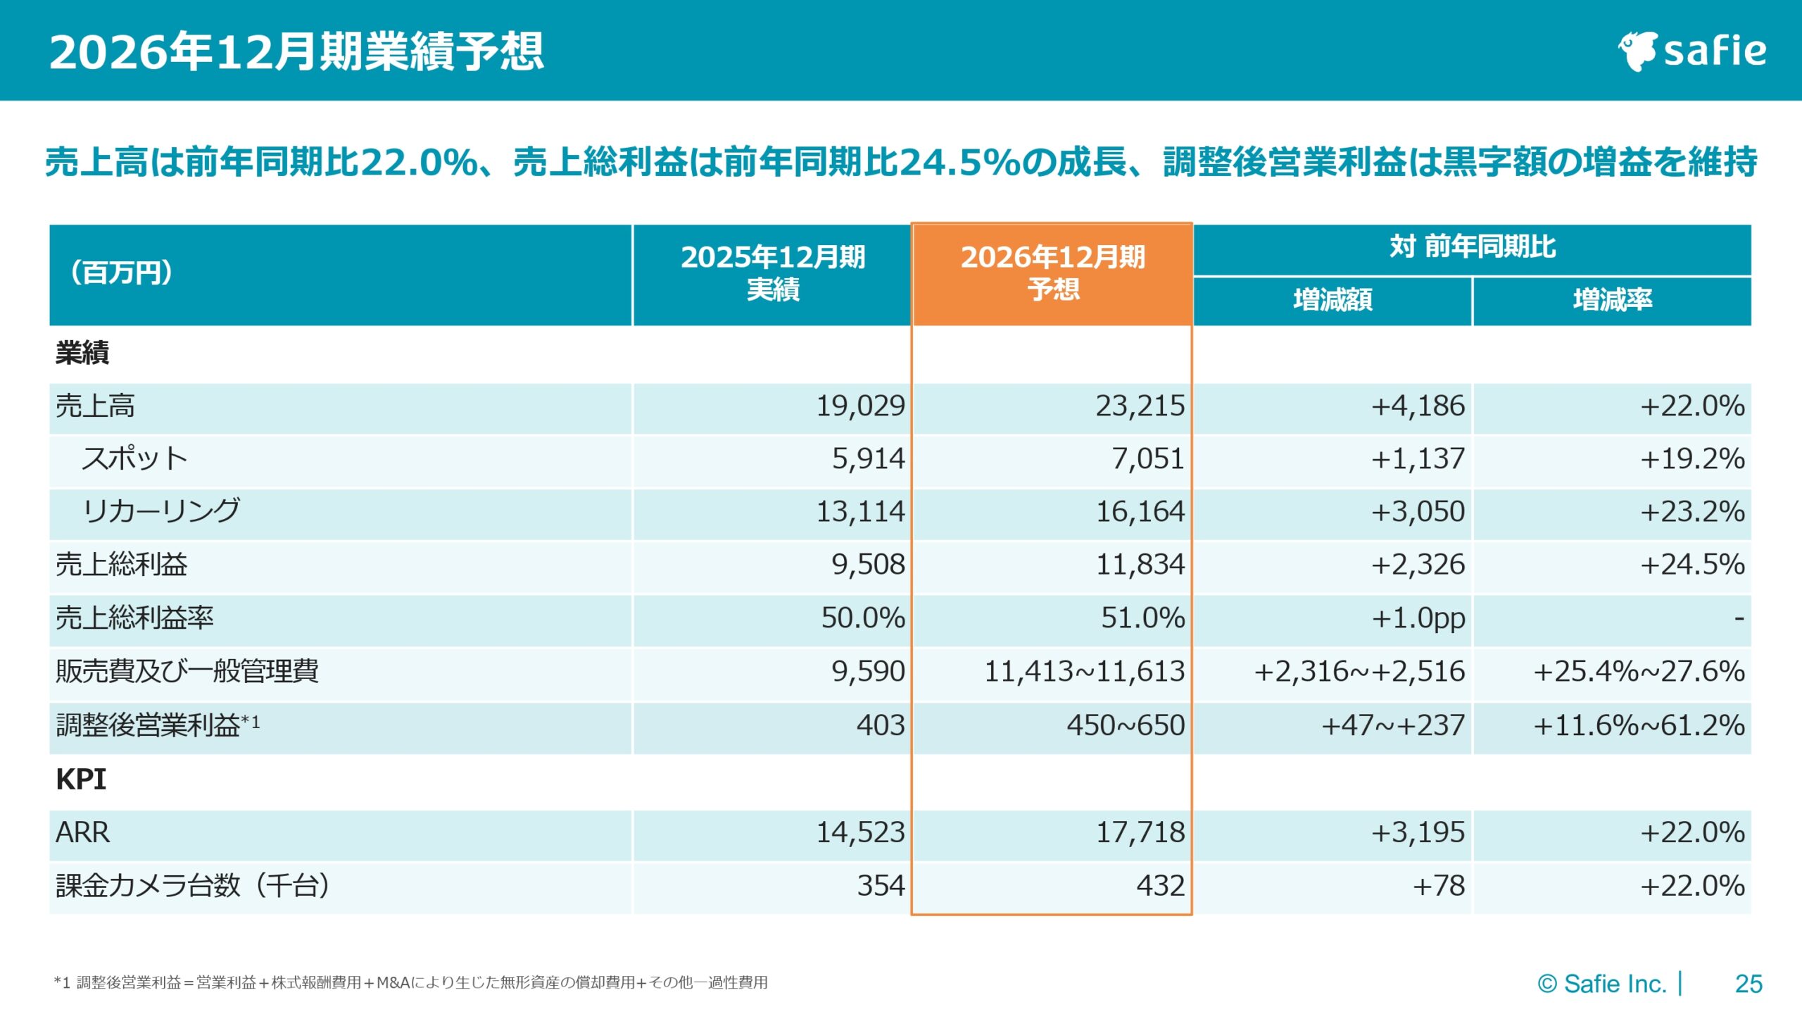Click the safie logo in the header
point(1692,51)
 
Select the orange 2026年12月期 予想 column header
point(1052,274)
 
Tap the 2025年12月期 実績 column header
point(772,274)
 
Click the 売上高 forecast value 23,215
point(1140,406)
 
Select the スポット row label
point(134,459)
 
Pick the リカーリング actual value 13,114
point(859,512)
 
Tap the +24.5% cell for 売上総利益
point(1691,565)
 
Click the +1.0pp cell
point(1418,618)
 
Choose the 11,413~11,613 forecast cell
point(1084,672)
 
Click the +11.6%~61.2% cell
point(1639,725)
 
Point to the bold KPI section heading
point(81,780)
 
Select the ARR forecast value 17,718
point(1140,833)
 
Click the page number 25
point(1749,984)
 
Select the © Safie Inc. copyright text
point(1601,984)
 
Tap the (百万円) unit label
point(122,273)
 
